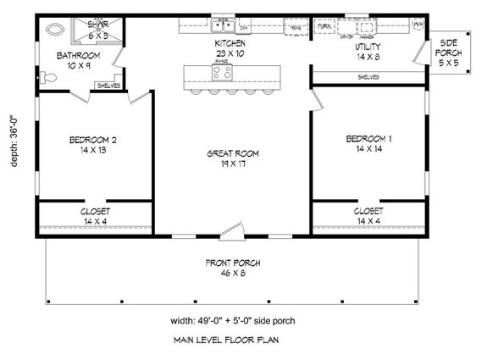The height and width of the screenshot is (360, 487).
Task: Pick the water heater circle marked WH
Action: pos(417,25)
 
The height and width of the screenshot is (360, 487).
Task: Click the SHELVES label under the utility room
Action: pos(367,77)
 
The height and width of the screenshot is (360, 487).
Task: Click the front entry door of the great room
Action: pos(231,230)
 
